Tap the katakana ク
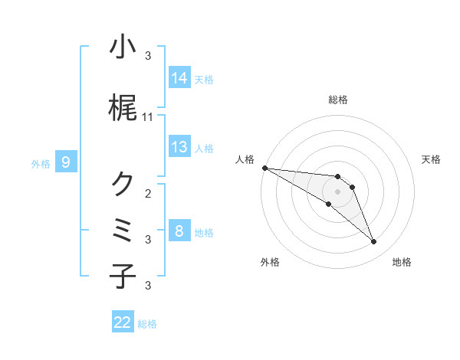[x=123, y=184]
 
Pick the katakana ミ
[x=123, y=231]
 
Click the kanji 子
[x=123, y=276]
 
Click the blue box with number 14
[x=179, y=77]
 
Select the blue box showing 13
[x=179, y=147]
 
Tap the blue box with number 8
[x=179, y=231]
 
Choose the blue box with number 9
[x=67, y=162]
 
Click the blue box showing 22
[x=123, y=322]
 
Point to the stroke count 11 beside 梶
[x=148, y=117]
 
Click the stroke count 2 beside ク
[x=148, y=193]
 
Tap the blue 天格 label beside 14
[x=204, y=79]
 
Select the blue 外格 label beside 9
[x=41, y=163]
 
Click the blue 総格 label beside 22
[x=147, y=324]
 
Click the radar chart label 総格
[x=337, y=100]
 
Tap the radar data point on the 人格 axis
[x=264, y=168]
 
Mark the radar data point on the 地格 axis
[x=373, y=242]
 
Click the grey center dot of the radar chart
[x=337, y=191]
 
